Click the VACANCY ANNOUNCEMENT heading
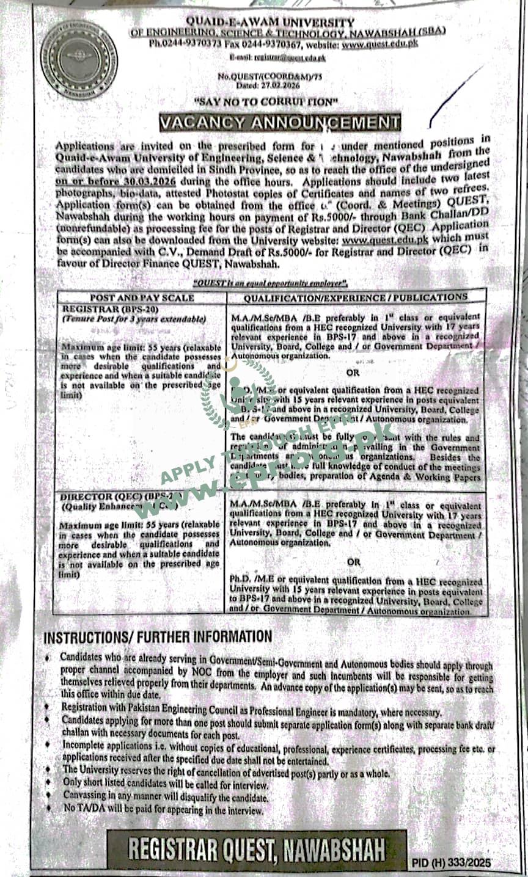279,122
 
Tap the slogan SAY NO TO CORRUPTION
266,101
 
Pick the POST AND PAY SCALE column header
142,298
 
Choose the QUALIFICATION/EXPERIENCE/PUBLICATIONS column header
355,297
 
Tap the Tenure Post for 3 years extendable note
134,319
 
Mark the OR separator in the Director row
354,561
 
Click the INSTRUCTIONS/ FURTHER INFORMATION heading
158,637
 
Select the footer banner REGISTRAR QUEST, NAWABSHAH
257,849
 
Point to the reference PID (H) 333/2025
452,863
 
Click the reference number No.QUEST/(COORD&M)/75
265,76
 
